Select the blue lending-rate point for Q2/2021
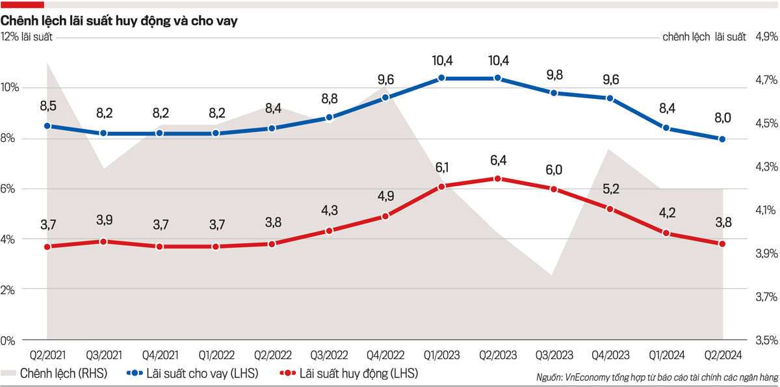[x=47, y=126]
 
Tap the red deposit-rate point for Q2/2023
[x=497, y=179]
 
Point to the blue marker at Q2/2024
[x=722, y=139]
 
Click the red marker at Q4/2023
[x=610, y=209]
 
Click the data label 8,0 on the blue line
[x=722, y=118]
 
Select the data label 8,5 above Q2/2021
[x=47, y=105]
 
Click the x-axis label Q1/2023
[x=441, y=355]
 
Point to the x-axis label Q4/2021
[x=160, y=355]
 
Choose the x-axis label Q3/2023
[x=554, y=355]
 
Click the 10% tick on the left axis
[x=11, y=88]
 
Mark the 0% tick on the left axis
[x=8, y=340]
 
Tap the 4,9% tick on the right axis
[x=766, y=37]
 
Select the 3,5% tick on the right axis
[x=766, y=340]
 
